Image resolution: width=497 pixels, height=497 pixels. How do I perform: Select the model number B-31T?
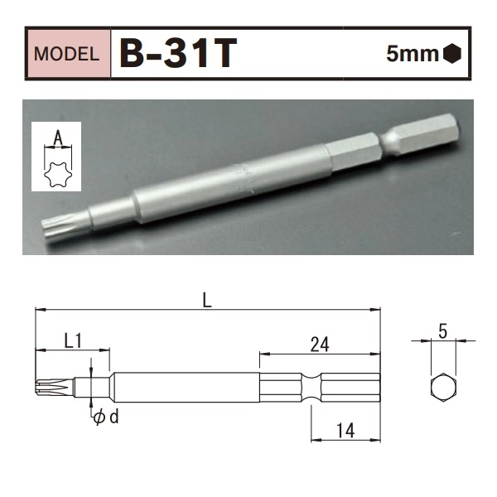pyautogui.click(x=178, y=54)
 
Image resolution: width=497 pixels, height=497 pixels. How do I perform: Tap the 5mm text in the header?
pyautogui.click(x=413, y=55)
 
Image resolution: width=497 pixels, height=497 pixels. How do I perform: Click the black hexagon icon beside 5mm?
pyautogui.click(x=452, y=55)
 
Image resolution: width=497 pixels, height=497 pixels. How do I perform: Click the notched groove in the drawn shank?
pyautogui.click(x=311, y=388)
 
